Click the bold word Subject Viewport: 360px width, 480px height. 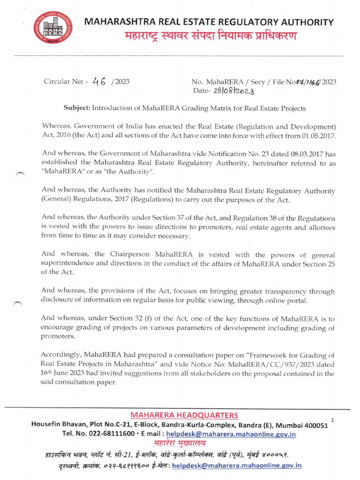(76, 108)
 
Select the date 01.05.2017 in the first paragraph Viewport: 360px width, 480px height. (316, 135)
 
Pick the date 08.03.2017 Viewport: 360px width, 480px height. (285, 153)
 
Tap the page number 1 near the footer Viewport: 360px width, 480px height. (332, 420)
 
